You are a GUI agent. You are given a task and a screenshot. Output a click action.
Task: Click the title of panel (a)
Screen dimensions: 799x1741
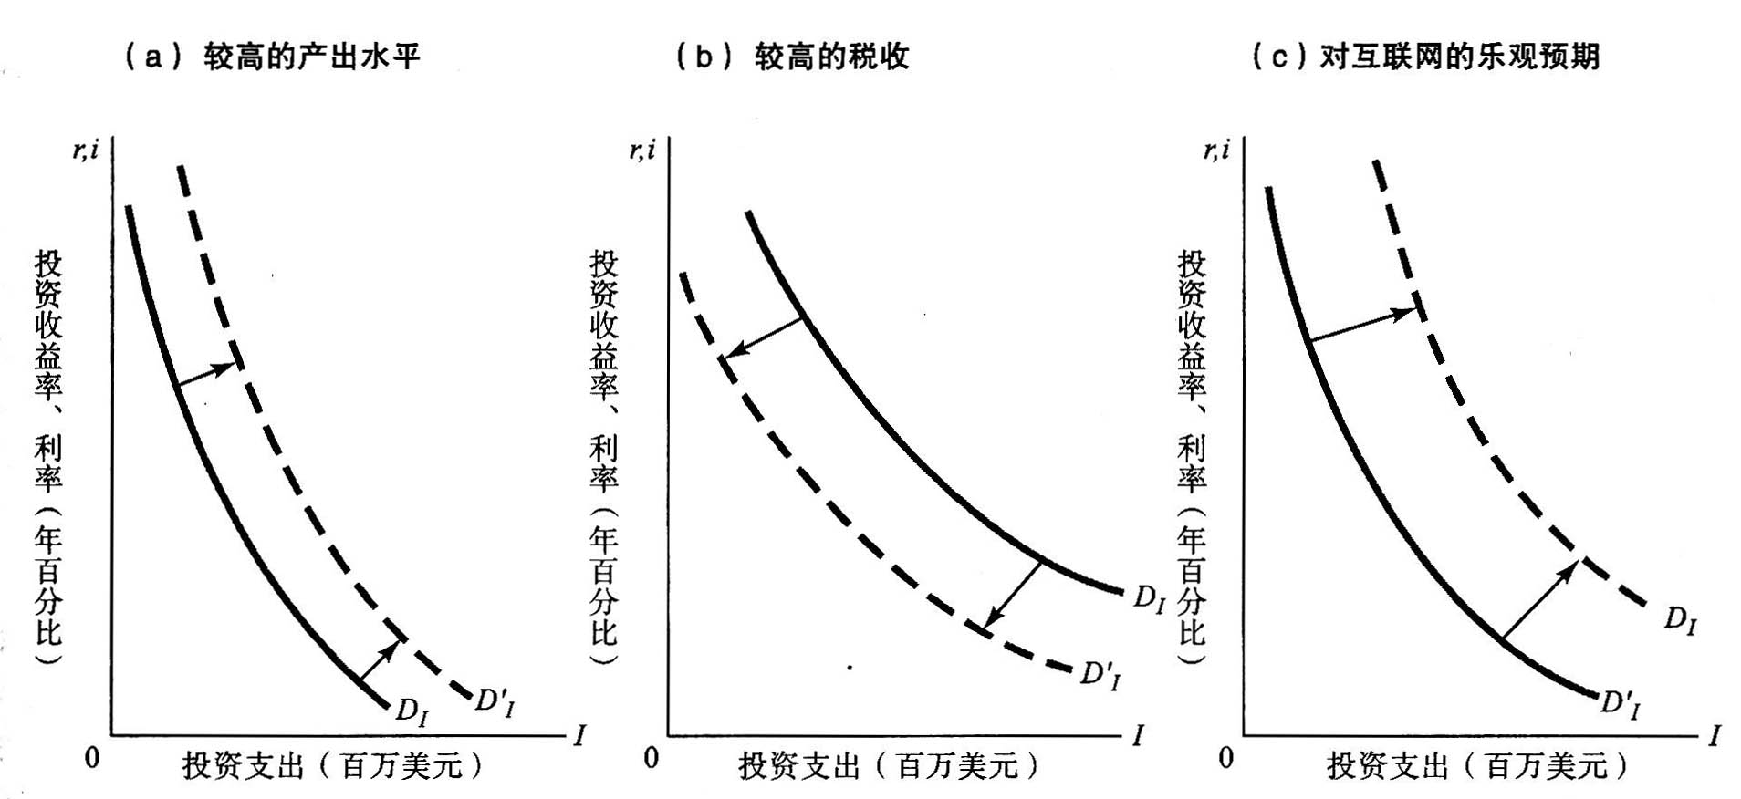click(272, 57)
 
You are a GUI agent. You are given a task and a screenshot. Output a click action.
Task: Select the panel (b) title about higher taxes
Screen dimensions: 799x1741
click(792, 57)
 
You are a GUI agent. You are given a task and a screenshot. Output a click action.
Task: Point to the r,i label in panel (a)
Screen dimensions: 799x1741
click(86, 150)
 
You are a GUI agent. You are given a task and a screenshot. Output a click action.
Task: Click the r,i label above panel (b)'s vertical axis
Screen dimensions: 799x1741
click(642, 150)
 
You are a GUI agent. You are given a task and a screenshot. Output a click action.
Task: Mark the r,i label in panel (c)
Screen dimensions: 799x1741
click(1216, 150)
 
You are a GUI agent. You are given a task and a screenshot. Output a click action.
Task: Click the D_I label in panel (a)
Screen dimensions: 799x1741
click(411, 711)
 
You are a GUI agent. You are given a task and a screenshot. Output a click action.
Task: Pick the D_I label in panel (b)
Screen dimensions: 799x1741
click(1149, 599)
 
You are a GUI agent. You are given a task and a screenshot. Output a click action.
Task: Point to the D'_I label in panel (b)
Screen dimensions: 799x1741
click(1100, 676)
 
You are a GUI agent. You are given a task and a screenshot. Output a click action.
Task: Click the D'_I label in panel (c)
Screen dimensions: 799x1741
click(1620, 703)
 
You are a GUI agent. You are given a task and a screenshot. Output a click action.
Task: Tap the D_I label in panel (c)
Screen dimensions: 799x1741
click(1680, 621)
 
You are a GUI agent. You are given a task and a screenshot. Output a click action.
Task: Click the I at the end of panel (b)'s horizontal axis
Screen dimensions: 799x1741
click(1137, 735)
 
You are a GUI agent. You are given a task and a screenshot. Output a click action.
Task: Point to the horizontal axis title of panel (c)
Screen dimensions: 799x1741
click(1476, 764)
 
